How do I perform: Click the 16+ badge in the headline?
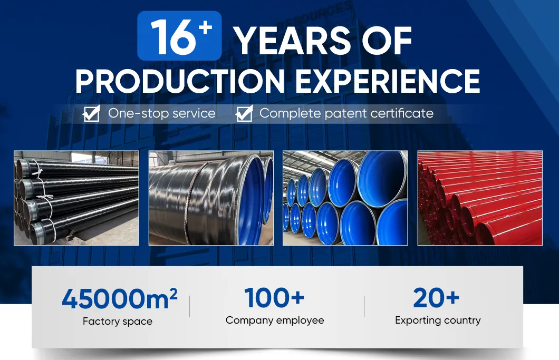[179, 36]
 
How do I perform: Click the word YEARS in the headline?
[292, 41]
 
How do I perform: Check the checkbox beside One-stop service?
[92, 113]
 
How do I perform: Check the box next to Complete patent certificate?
[244, 113]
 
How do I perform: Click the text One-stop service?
[161, 113]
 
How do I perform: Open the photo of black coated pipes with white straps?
[76, 198]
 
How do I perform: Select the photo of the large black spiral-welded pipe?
[211, 198]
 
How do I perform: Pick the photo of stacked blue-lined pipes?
[345, 198]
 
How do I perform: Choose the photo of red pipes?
[480, 198]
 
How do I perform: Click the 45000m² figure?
[119, 299]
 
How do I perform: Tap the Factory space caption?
[118, 321]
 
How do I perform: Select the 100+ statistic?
[274, 298]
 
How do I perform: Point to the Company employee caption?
[275, 320]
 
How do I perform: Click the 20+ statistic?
[437, 298]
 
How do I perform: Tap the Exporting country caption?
[438, 320]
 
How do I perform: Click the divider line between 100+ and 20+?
[364, 306]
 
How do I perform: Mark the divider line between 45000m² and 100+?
[189, 306]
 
